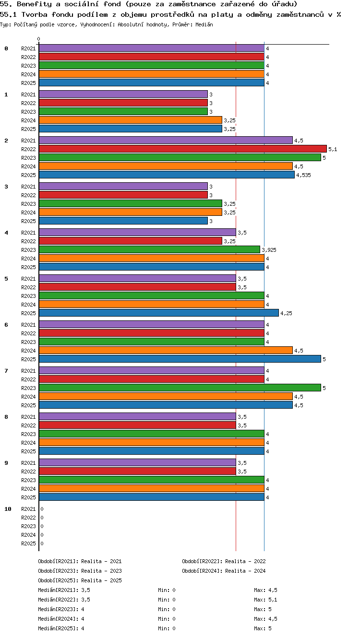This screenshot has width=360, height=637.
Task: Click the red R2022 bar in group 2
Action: click(183, 149)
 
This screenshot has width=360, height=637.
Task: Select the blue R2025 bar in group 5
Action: click(159, 313)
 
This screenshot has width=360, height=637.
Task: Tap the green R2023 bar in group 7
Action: click(180, 388)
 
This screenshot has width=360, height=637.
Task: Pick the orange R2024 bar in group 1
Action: click(131, 120)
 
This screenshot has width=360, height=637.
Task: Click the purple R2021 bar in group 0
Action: click(151, 48)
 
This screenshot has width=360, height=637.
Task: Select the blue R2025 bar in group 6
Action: click(180, 359)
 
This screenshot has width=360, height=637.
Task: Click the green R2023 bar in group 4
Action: click(149, 249)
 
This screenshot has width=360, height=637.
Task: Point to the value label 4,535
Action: click(303, 175)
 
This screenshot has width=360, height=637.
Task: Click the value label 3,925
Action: click(269, 250)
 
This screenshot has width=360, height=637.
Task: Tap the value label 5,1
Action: click(333, 149)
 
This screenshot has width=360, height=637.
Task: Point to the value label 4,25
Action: click(286, 313)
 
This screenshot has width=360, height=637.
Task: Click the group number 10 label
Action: click(8, 509)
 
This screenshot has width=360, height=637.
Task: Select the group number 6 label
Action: click(6, 325)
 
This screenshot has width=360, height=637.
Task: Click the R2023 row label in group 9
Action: click(28, 480)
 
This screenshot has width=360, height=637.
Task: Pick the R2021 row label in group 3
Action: click(28, 187)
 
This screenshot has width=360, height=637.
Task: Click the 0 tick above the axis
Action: click(39, 39)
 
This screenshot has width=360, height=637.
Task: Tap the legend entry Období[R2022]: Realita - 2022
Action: click(224, 561)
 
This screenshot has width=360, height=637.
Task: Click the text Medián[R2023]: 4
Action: click(61, 609)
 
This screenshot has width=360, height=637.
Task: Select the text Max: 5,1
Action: click(265, 600)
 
